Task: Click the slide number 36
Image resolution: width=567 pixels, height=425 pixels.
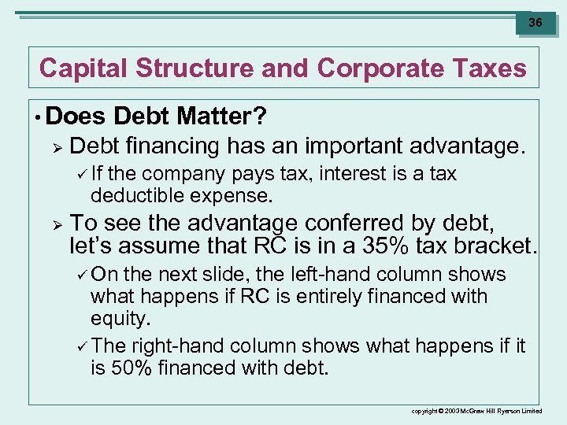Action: (x=535, y=23)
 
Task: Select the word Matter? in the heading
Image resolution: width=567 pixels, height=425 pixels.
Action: (x=222, y=116)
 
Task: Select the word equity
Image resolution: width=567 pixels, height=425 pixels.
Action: (x=120, y=319)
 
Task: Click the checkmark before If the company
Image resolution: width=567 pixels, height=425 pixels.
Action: (x=83, y=174)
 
